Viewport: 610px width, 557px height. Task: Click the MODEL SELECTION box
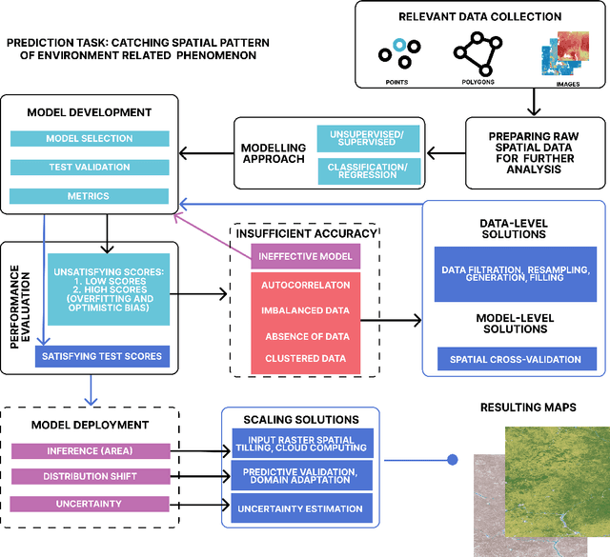(x=90, y=139)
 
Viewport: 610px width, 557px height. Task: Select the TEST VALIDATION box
(x=90, y=168)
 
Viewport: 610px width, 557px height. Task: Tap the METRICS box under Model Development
(x=90, y=196)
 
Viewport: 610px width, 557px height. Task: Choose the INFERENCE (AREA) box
(x=90, y=449)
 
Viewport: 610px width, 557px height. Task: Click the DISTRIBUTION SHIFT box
(x=90, y=476)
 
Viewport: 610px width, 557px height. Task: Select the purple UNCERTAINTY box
(x=90, y=503)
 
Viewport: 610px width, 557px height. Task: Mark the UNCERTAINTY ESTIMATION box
(x=301, y=508)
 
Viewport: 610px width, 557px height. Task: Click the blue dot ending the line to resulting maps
(x=453, y=460)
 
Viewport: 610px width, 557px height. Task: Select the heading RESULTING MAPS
(x=529, y=408)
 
